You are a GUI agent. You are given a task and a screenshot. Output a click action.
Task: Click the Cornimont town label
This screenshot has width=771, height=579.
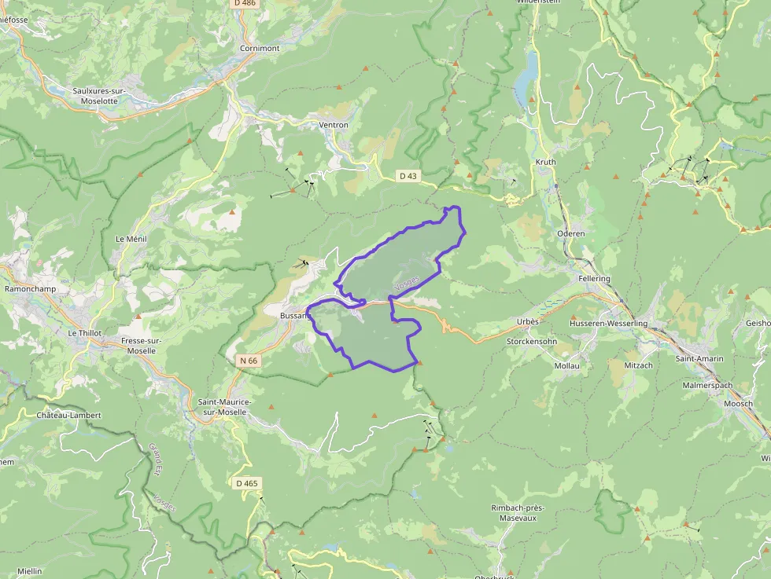260,48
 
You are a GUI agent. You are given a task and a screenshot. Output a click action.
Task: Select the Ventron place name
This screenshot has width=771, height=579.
334,125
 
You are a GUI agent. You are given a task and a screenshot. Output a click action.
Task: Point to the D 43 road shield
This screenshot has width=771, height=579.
407,176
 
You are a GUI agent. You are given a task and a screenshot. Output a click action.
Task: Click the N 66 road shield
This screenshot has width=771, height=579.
248,361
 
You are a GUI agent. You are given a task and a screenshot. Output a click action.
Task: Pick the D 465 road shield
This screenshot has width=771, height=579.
246,483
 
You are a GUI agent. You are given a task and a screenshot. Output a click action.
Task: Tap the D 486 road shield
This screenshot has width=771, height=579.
245,3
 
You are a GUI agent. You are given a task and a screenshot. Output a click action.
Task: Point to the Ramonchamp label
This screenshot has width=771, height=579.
28,288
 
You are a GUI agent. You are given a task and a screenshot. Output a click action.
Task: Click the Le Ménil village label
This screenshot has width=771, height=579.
131,238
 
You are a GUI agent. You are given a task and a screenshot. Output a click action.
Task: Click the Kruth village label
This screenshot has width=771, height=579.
545,163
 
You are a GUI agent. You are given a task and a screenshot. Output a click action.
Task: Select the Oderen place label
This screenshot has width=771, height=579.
570,233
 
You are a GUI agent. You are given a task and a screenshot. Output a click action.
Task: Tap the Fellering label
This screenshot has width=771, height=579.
593,279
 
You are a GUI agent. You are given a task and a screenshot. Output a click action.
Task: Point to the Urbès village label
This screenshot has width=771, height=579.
528,322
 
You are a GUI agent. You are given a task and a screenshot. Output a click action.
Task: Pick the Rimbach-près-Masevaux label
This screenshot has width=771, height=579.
518,513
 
